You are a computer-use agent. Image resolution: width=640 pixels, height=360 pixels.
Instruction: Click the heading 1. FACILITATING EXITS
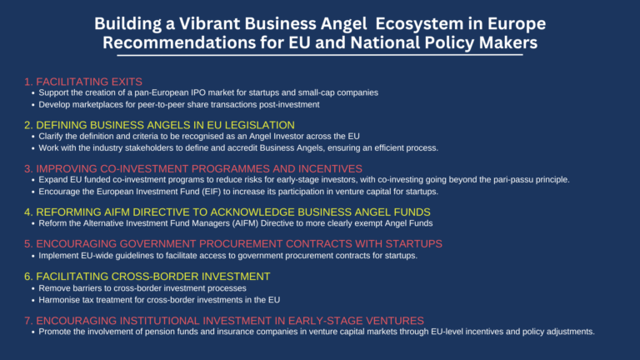83,82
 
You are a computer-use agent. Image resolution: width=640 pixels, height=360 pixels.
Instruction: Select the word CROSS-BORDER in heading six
155,277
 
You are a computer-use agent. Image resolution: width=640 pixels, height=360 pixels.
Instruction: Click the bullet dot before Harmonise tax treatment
33,300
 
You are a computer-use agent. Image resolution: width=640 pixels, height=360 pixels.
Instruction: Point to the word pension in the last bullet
158,332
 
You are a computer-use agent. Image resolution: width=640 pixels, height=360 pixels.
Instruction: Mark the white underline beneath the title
320,55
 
